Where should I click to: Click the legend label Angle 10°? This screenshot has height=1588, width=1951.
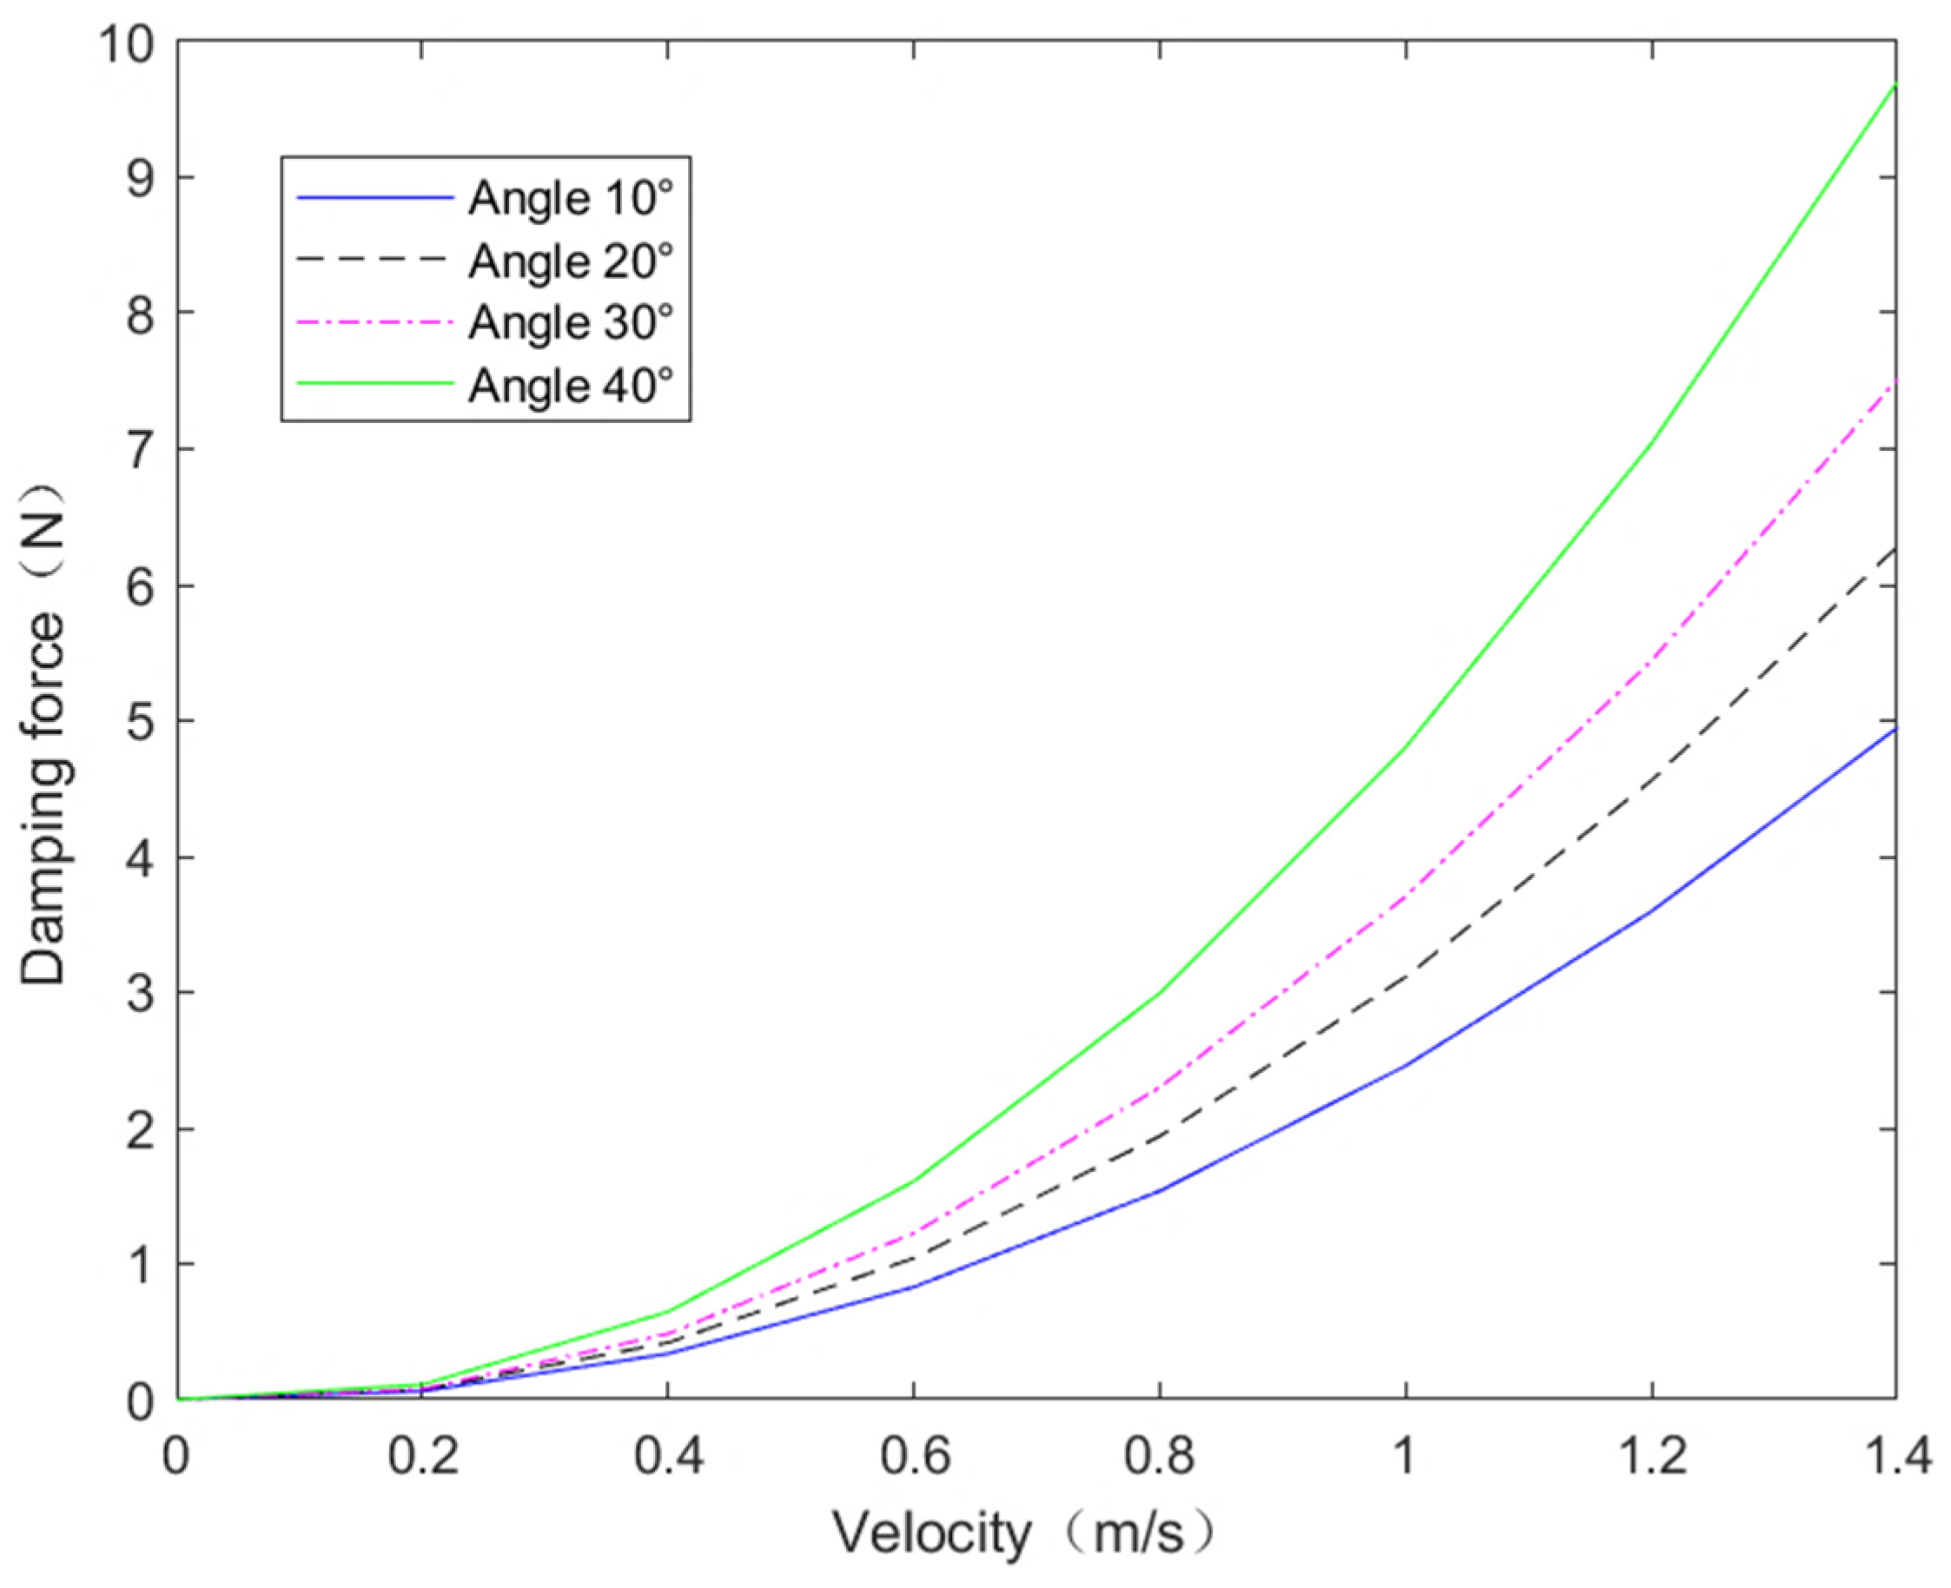pyautogui.click(x=571, y=196)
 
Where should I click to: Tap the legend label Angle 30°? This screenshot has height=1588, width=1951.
pyautogui.click(x=571, y=322)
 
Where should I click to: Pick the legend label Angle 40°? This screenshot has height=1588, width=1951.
pyautogui.click(x=571, y=385)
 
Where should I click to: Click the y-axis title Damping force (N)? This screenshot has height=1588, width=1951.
pyautogui.click(x=44, y=734)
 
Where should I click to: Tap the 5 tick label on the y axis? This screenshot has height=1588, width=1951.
pyautogui.click(x=140, y=722)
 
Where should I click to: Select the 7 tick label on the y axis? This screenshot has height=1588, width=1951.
pyautogui.click(x=140, y=450)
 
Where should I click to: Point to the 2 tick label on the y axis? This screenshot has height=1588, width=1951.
pyautogui.click(x=140, y=1129)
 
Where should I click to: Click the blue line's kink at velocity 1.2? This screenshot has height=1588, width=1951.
pyautogui.click(x=1650, y=912)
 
